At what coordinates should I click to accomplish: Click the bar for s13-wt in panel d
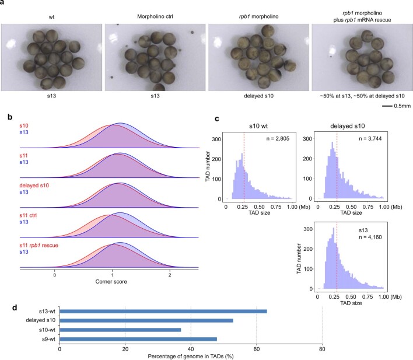[163, 311]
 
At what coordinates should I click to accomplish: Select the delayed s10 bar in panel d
[146, 320]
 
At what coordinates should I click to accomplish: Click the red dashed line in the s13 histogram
[337, 257]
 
